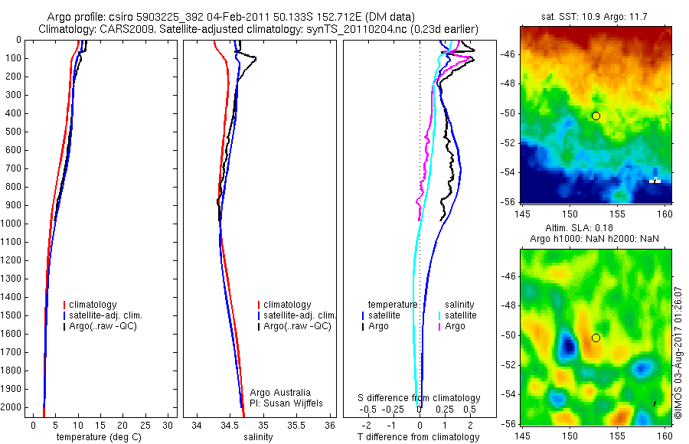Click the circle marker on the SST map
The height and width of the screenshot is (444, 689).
(596, 116)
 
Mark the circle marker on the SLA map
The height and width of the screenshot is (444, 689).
(596, 338)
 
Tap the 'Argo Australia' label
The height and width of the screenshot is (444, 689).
(281, 392)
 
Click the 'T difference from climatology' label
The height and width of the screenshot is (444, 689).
(419, 437)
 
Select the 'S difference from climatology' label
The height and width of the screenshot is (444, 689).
(420, 399)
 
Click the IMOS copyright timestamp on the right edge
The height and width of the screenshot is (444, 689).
(678, 341)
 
